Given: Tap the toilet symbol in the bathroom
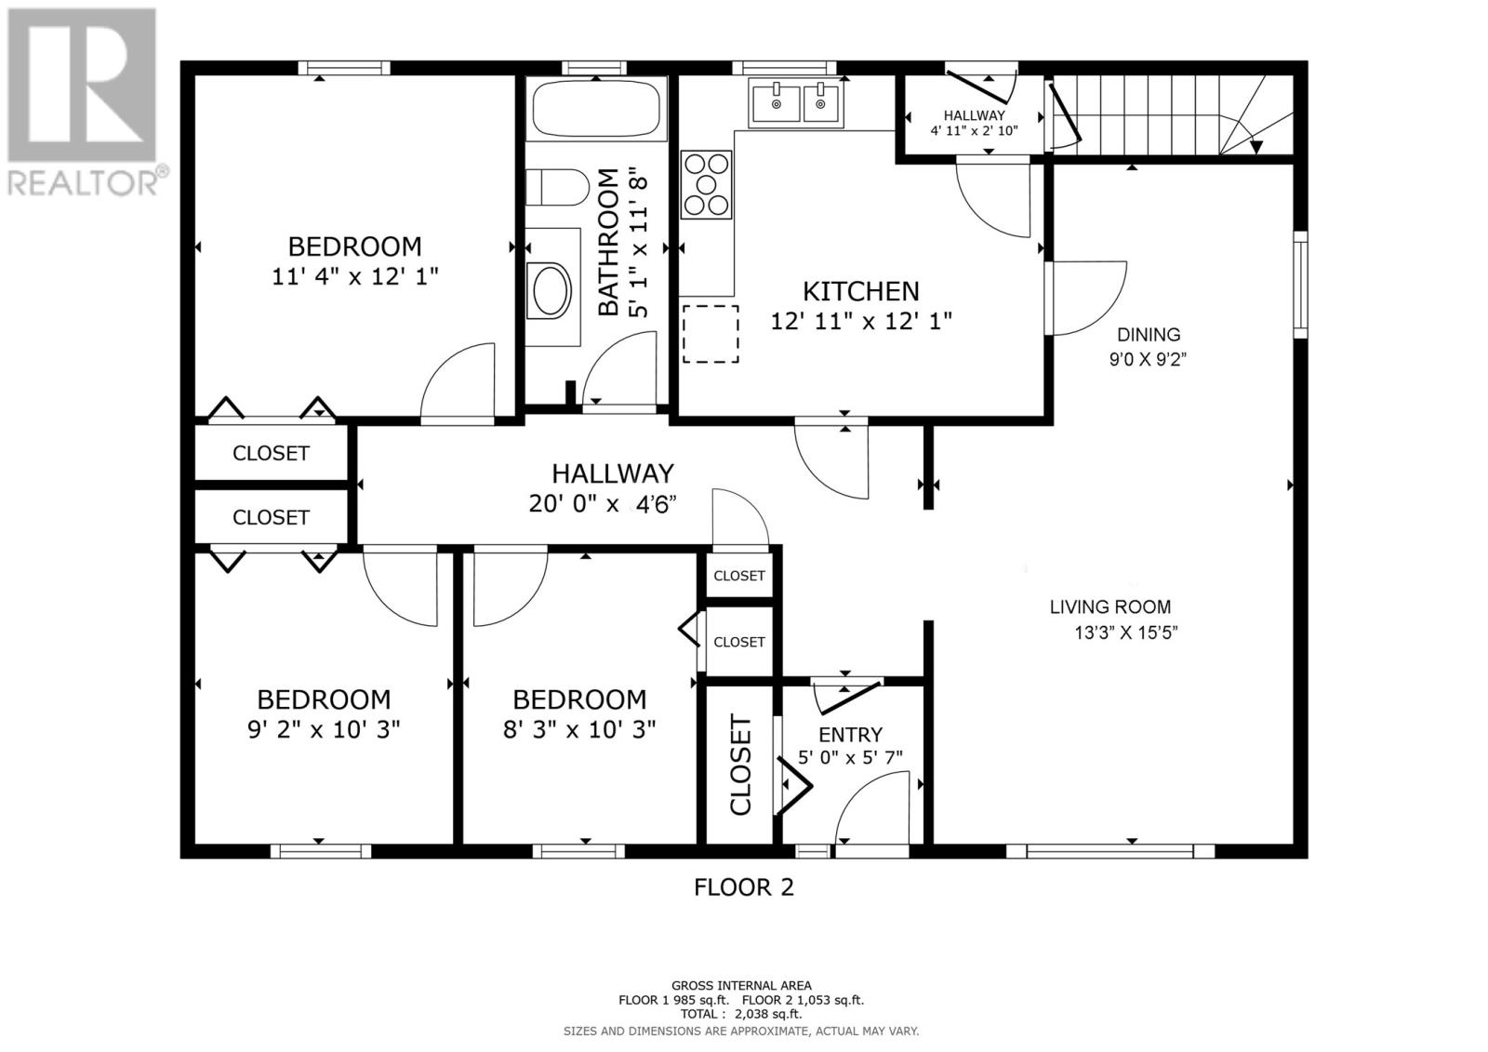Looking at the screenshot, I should click(556, 187).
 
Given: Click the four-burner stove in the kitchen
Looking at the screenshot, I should click(707, 184).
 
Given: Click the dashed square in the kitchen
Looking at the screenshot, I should click(711, 334).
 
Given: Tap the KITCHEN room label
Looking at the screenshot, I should click(861, 291).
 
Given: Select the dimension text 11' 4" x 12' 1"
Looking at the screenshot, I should click(354, 276).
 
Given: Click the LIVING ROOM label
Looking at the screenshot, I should click(1110, 607).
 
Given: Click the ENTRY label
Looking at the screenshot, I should click(850, 735).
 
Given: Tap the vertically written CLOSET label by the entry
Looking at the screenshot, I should click(740, 765).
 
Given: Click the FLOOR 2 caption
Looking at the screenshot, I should click(744, 887).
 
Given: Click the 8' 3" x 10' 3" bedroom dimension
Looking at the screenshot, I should click(579, 729).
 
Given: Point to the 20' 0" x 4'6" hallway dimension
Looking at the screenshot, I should click(602, 504).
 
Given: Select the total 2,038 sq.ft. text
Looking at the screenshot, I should click(741, 1015).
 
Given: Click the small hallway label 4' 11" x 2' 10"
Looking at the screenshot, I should click(974, 130).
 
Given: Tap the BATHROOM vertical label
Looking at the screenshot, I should click(607, 242).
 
